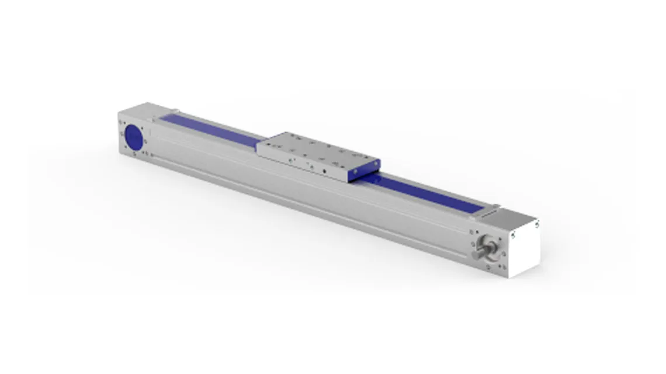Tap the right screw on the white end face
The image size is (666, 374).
[x=535, y=223]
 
